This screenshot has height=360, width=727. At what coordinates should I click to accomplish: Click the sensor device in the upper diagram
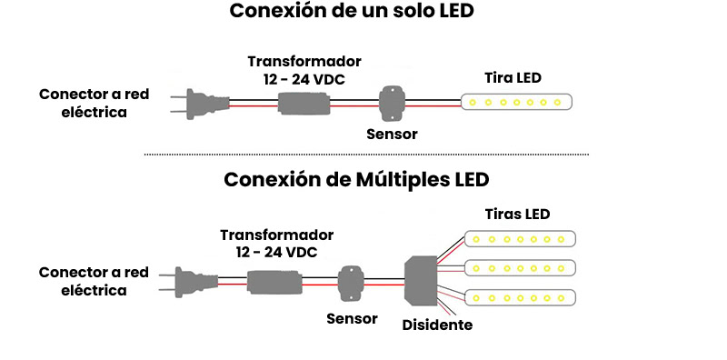(x=393, y=102)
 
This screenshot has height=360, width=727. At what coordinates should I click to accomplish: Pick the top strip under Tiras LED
(x=521, y=239)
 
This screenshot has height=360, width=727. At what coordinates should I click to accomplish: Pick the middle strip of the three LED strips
(x=521, y=267)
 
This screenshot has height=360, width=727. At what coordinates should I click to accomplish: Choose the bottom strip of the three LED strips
(x=521, y=297)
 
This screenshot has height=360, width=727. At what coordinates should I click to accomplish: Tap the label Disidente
(x=437, y=325)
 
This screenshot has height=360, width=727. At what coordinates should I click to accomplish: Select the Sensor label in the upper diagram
(x=392, y=134)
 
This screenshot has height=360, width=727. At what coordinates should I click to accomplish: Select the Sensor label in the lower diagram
(x=351, y=318)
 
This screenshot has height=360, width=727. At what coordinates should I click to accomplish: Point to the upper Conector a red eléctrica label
(x=94, y=103)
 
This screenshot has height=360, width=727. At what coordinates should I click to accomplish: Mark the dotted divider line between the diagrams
(x=363, y=155)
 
